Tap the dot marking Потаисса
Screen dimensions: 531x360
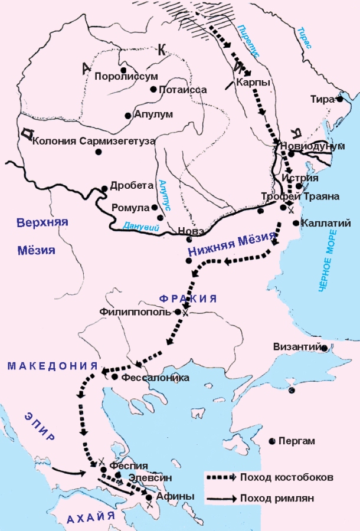(x=153, y=90)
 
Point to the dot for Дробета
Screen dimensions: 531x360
(x=104, y=189)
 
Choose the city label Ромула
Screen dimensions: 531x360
(x=130, y=208)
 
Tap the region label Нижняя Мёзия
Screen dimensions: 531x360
(x=231, y=244)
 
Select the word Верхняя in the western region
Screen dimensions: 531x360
(x=43, y=222)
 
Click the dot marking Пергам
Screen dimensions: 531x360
(x=272, y=441)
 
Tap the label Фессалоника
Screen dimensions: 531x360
(x=156, y=378)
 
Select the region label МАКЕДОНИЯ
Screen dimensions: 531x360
(x=52, y=366)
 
